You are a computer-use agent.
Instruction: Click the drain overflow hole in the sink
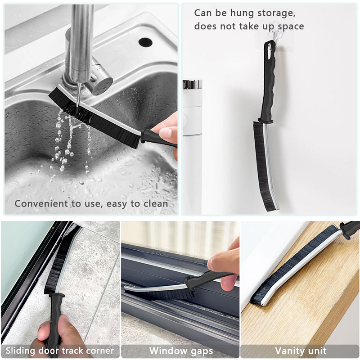click(145, 42)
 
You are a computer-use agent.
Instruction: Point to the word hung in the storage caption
click(242, 13)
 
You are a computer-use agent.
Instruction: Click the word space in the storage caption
click(291, 27)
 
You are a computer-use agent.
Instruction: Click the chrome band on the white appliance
click(192, 84)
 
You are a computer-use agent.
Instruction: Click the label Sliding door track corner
click(60, 351)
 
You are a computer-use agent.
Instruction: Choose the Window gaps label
click(181, 351)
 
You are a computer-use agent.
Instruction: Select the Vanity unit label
click(301, 351)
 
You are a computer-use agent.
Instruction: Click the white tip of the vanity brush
click(264, 303)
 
